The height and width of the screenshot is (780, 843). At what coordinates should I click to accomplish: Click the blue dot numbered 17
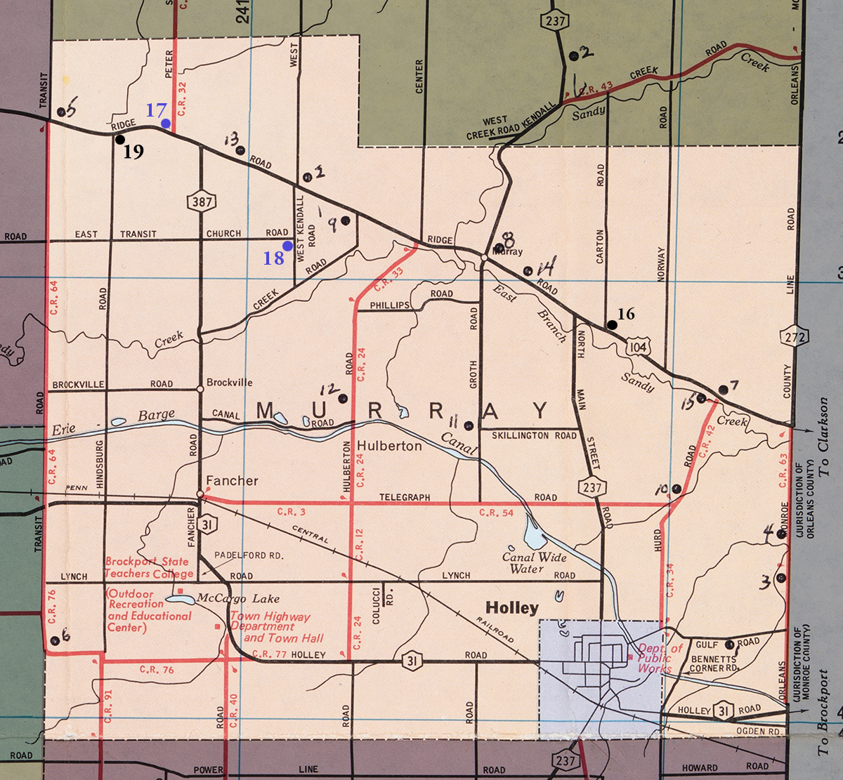pos(166,124)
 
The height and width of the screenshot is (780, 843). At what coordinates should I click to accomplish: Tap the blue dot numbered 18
pos(287,246)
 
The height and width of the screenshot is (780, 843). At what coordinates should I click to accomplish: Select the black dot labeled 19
pos(120,139)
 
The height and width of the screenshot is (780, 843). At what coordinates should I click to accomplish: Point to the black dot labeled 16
pos(612,324)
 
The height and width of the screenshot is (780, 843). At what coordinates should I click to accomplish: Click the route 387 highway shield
pos(197,202)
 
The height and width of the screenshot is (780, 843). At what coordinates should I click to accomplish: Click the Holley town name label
pos(512,608)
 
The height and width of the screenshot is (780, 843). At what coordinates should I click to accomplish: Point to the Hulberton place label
pos(389,446)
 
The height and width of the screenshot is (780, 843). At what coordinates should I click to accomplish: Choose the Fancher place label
pos(232,481)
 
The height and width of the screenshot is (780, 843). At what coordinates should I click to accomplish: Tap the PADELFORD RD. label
pos(249,555)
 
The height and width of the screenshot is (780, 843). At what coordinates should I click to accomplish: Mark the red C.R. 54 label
pos(497,513)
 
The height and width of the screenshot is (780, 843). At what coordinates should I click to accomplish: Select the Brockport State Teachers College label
pos(147,567)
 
